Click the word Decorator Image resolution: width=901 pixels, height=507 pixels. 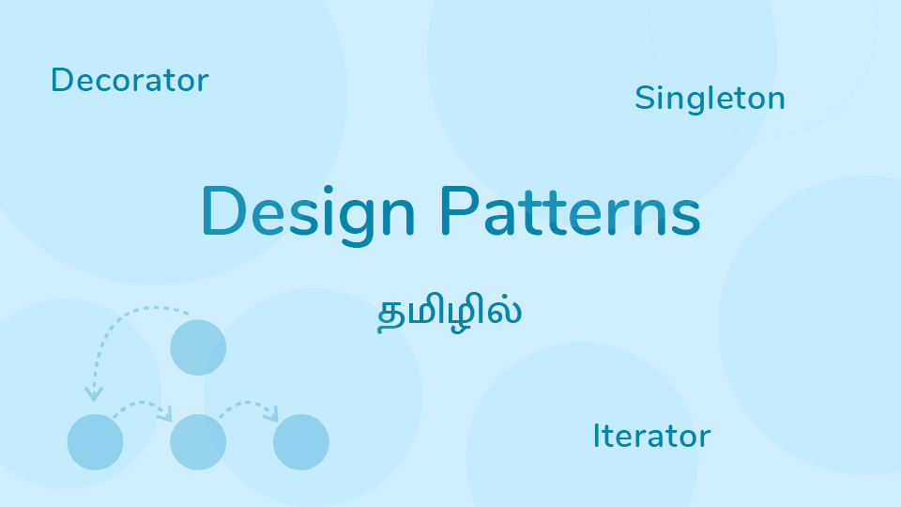[130, 81]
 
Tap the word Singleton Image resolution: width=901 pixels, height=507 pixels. [710, 98]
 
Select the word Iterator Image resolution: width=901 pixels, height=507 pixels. [651, 436]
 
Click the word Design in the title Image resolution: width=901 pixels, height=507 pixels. [308, 212]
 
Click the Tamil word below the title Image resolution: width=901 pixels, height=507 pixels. [449, 314]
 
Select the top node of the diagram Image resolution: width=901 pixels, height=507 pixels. [198, 347]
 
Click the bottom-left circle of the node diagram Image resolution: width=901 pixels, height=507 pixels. [96, 441]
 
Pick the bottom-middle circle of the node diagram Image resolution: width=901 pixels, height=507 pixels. [198, 441]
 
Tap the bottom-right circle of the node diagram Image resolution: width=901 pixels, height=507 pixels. [300, 441]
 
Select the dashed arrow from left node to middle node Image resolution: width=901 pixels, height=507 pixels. [143, 406]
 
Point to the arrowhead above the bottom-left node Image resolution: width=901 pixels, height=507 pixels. [94, 393]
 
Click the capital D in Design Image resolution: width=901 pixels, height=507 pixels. [221, 211]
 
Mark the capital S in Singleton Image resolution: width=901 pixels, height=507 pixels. [644, 98]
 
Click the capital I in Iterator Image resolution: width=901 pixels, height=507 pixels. [596, 436]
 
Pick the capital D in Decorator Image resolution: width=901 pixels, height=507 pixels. [61, 81]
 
